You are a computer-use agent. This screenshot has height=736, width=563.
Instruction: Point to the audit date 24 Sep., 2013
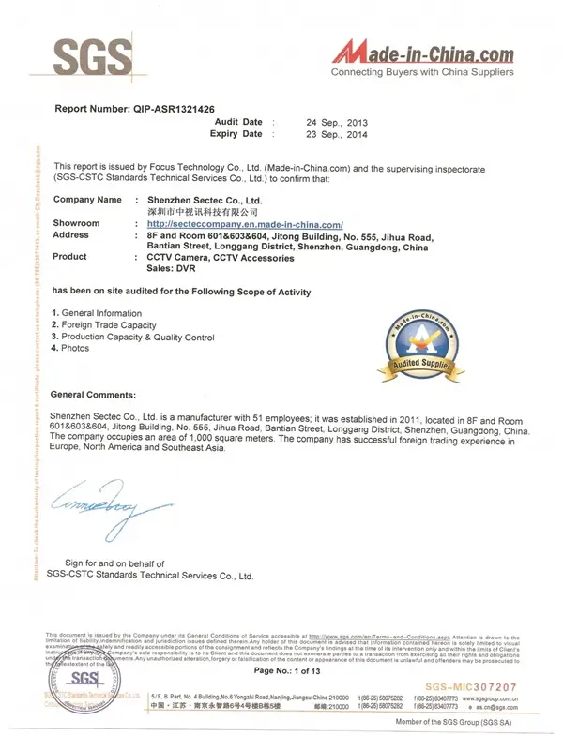tap(337, 123)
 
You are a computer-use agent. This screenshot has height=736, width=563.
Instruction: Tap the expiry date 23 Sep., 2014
tap(337, 135)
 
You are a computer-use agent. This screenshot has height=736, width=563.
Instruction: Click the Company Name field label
tap(87, 200)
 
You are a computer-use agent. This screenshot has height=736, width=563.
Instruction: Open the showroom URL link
tap(246, 224)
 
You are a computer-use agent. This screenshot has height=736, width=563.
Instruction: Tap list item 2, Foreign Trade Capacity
tap(104, 324)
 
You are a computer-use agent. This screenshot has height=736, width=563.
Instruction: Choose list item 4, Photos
tap(71, 348)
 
